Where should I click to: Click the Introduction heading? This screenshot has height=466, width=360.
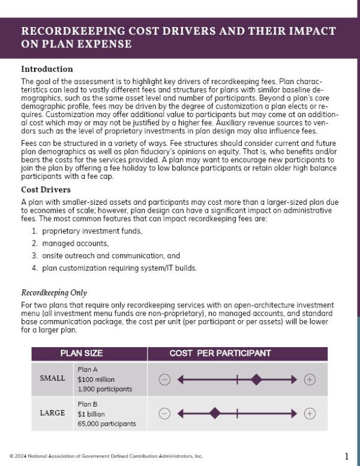pos(47,69)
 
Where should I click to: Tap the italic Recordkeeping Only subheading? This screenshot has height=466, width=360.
pos(54,293)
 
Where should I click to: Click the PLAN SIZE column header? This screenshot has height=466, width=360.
pos(81,353)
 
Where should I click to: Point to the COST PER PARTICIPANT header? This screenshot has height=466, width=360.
pos(220,353)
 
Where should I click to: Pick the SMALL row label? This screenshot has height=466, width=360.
pos(52,379)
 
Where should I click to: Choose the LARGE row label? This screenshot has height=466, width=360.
pos(52,413)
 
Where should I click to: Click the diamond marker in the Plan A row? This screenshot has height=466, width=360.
pos(256,380)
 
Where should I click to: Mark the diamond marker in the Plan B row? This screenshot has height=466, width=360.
pos(214,413)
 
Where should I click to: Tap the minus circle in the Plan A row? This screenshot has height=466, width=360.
pos(165,380)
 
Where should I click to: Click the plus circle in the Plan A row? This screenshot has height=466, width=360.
pos(310,380)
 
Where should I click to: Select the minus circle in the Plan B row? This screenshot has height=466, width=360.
pos(165,413)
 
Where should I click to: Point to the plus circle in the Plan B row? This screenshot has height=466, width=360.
pos(310,413)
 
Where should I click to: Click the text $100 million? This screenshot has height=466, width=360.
pos(96,380)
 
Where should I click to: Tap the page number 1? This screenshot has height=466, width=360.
pos(346,456)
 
